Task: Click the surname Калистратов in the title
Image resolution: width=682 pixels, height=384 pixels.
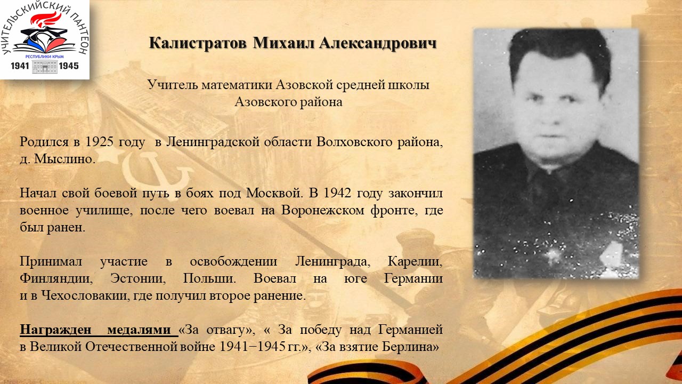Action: click(x=198, y=43)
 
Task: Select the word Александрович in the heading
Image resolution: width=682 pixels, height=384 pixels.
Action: click(x=378, y=44)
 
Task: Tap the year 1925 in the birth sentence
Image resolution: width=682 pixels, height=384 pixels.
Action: click(x=99, y=142)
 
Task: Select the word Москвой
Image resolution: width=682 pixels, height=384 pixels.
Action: click(x=274, y=193)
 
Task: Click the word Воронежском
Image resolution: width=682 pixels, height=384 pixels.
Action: click(x=322, y=210)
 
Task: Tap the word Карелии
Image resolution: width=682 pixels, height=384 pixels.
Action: click(x=415, y=261)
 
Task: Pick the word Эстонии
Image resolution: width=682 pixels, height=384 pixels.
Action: click(x=137, y=278)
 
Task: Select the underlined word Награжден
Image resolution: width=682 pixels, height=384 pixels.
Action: click(x=56, y=330)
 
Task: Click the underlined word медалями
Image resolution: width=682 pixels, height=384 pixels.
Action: click(x=139, y=330)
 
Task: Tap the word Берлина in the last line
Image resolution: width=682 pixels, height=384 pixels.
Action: click(x=410, y=347)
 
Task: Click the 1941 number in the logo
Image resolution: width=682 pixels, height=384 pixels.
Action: click(x=20, y=66)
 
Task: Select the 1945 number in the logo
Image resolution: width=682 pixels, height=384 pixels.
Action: click(x=69, y=66)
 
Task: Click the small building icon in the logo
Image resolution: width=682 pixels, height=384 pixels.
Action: click(x=44, y=67)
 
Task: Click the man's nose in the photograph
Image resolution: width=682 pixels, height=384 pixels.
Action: click(x=555, y=116)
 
